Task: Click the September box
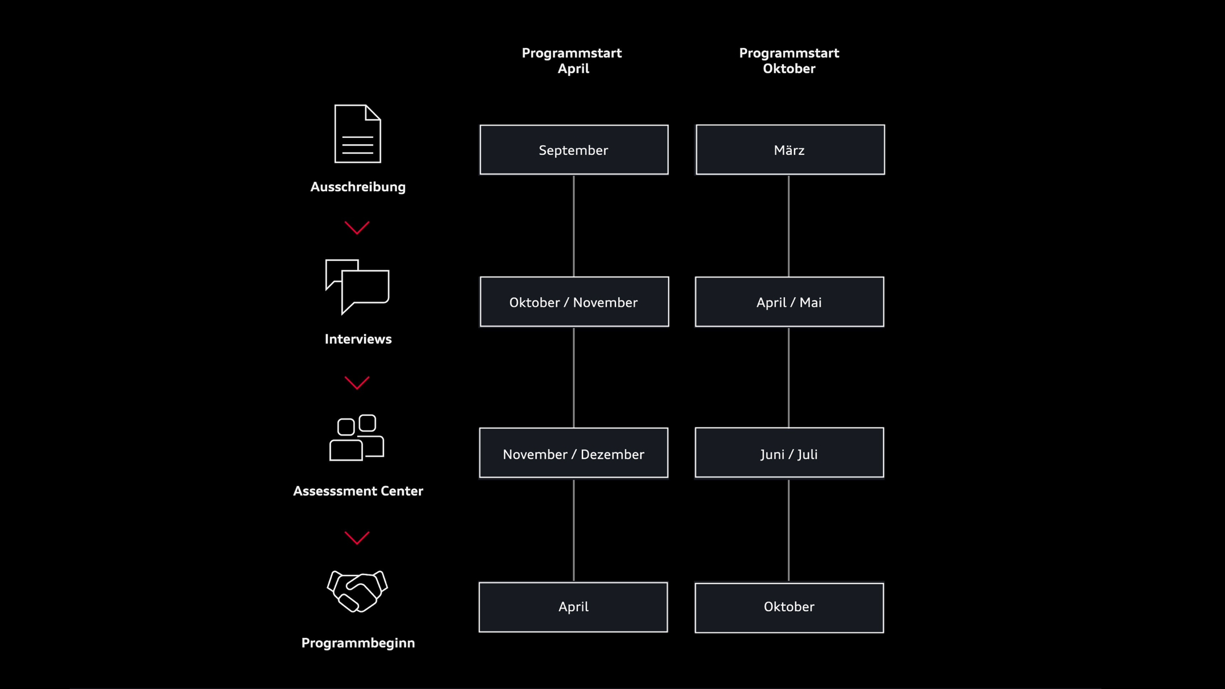pos(574,150)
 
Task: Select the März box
pos(790,150)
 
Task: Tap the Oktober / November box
pos(574,302)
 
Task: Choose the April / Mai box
pos(789,302)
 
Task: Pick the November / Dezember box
pos(573,453)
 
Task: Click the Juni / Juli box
pos(789,453)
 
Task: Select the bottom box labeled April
pos(573,607)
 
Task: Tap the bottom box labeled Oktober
pos(789,607)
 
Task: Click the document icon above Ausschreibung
pos(357,134)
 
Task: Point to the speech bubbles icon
pos(357,286)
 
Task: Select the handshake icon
pos(357,591)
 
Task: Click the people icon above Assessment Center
pos(357,438)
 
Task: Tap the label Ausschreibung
pos(358,187)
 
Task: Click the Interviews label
pos(358,339)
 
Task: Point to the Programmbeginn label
pos(358,643)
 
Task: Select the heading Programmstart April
pos(572,61)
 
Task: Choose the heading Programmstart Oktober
pos(789,61)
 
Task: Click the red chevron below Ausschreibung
pos(357,228)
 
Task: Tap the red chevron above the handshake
pos(357,538)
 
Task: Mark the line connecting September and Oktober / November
pos(574,226)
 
